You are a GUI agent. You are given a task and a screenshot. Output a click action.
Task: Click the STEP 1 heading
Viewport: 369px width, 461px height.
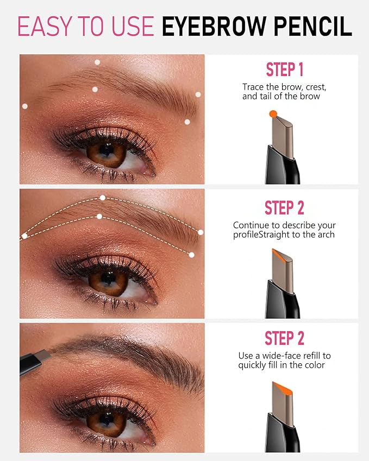point(284,70)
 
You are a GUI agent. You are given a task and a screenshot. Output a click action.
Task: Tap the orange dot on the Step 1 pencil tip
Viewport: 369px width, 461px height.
point(273,113)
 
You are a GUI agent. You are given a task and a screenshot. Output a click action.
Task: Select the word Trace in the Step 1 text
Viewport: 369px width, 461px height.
point(253,87)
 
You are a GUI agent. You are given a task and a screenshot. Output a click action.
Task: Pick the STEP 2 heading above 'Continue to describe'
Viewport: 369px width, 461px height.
point(284,208)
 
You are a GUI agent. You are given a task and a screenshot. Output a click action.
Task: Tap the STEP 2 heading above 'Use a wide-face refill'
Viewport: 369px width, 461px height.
point(284,338)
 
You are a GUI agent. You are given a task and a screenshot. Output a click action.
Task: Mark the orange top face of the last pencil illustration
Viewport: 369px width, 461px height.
point(281,388)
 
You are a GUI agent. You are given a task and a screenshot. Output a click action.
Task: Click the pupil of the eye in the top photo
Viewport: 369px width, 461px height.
point(107,151)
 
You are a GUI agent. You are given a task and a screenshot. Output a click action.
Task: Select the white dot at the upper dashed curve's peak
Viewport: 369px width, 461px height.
point(102,198)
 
